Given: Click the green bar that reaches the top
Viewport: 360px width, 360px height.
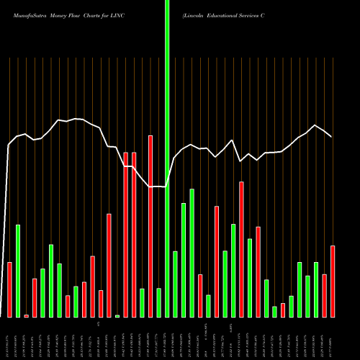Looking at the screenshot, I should [167, 158].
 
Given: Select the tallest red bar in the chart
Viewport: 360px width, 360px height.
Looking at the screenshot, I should [150, 226].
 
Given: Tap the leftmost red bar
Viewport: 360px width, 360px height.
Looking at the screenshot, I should [9, 289].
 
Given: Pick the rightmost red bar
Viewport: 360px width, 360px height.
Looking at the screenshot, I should [333, 281].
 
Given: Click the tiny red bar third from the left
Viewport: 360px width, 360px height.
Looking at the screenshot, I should [26, 315].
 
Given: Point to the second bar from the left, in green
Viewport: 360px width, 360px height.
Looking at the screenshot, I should [18, 271].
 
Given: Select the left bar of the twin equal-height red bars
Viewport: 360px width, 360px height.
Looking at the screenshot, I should [125, 234].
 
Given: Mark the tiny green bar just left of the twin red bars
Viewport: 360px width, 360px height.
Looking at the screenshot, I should [117, 315].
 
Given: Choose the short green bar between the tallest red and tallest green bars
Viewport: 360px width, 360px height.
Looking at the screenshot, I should [158, 302].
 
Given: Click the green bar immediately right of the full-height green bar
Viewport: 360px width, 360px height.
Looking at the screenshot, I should [175, 284].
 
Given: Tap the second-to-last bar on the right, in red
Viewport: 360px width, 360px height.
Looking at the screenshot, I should [324, 295].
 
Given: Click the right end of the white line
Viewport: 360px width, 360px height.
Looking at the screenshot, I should [331, 137].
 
